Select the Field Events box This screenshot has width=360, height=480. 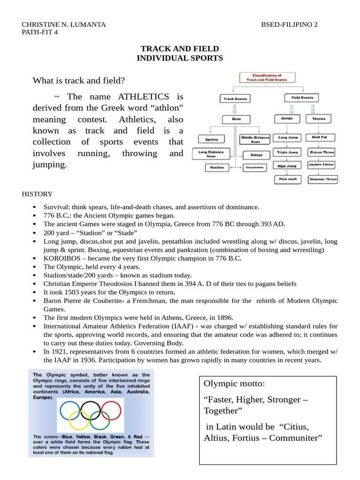pos(301,98)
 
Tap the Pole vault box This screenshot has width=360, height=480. pos(287,179)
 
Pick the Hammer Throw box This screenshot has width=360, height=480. pos(322,179)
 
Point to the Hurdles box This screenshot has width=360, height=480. pos(217,167)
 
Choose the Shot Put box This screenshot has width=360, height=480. pos(320,137)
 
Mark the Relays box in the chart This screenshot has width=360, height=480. pos(256,154)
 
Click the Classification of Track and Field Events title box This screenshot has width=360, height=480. pos(267,77)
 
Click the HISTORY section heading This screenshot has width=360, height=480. pos(37,194)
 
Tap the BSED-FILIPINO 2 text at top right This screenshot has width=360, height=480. pos(289,25)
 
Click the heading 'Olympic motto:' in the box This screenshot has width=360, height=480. pos(234,384)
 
